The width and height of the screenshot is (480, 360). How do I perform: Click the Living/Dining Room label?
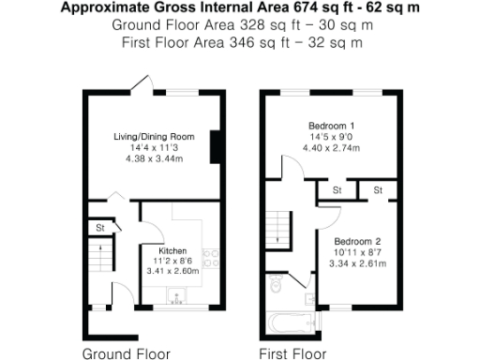154,137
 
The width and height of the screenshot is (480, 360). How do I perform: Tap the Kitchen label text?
172,250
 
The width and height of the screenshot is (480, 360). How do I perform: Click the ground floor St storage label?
98,227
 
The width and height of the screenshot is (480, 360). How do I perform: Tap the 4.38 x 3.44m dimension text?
154,158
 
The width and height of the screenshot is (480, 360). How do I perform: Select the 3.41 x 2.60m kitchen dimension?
173,271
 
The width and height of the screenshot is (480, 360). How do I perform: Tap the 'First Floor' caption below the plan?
292,353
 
